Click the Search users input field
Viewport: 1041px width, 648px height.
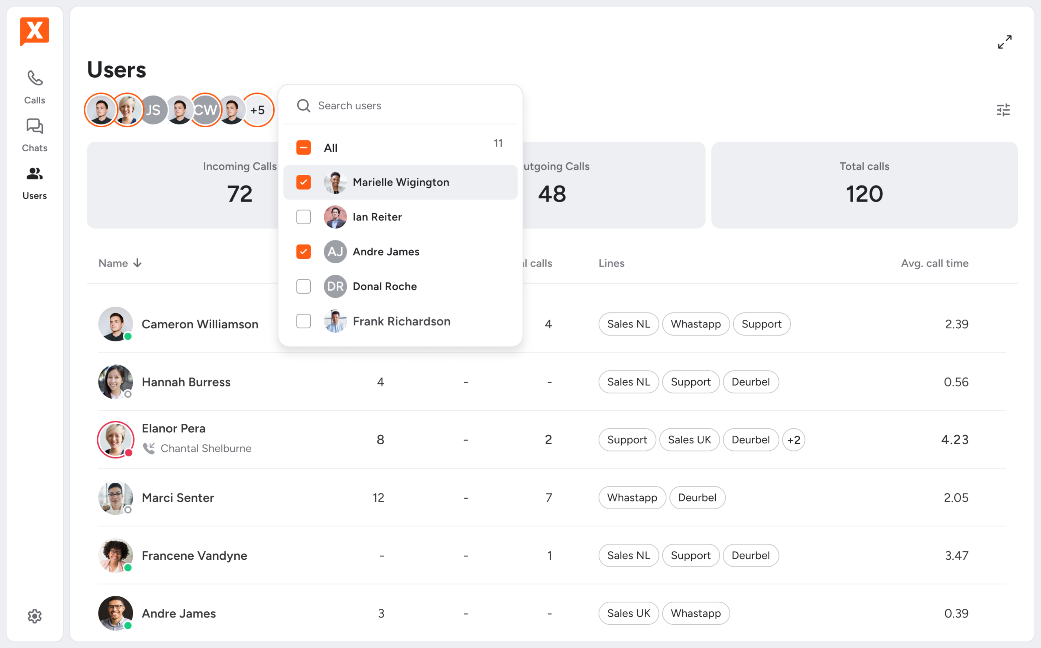click(x=401, y=105)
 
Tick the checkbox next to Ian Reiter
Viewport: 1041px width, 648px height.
click(x=303, y=217)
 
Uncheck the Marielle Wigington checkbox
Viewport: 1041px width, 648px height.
click(x=303, y=182)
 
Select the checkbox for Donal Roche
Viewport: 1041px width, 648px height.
click(x=303, y=286)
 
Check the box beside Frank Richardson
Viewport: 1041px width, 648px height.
click(x=303, y=321)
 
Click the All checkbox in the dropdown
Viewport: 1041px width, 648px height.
click(x=303, y=147)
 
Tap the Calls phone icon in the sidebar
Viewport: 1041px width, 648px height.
click(x=35, y=79)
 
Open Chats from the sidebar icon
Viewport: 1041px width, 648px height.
click(x=35, y=127)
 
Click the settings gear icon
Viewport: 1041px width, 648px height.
click(x=35, y=616)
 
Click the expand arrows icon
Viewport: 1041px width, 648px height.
click(x=1004, y=42)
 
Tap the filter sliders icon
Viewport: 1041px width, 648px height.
click(x=1003, y=110)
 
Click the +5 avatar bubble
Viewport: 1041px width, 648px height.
click(x=257, y=110)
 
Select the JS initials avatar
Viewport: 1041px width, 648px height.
click(x=153, y=110)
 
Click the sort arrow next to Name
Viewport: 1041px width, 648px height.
click(x=137, y=263)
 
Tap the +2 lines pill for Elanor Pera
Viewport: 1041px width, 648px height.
click(x=793, y=440)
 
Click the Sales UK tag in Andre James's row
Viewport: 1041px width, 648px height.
click(x=628, y=613)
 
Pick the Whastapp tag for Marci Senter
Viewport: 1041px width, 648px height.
click(x=632, y=497)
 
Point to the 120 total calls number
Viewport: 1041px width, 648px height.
click(x=864, y=194)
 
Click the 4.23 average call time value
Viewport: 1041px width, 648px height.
click(x=954, y=440)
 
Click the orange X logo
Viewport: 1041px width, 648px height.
click(x=35, y=31)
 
